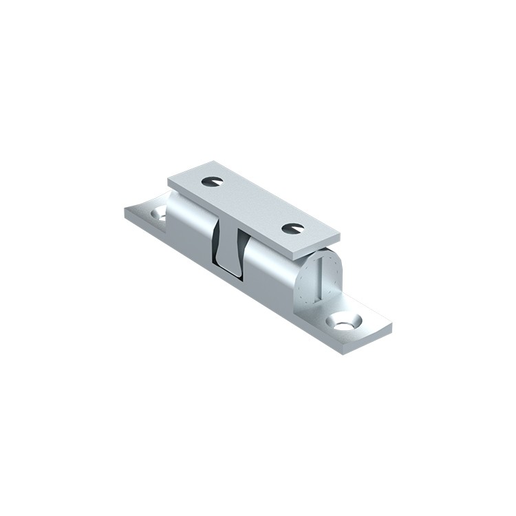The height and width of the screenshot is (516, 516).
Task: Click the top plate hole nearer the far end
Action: coord(213,181)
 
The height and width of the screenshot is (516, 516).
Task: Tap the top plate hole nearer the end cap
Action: coord(293,227)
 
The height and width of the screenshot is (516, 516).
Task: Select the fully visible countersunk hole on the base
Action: coord(346,321)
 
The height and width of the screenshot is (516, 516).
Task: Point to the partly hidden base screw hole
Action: coord(160,215)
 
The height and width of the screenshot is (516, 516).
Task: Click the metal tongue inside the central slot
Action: coord(233,255)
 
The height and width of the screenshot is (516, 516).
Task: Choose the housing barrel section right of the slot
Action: coord(272,265)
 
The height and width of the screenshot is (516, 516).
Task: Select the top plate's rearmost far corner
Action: coord(208,162)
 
